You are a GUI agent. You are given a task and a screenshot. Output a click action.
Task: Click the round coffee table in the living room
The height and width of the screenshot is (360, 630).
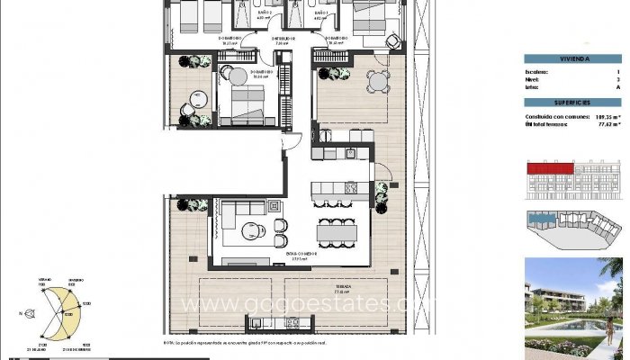click(257, 229)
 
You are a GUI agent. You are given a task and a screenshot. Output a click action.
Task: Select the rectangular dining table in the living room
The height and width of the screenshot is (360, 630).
click(337, 232)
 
